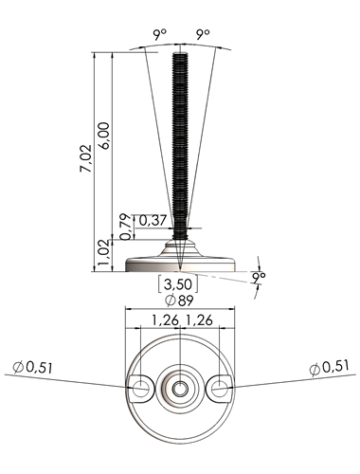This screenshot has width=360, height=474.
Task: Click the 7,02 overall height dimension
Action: click(85, 158)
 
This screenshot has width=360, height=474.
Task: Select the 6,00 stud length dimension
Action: click(104, 136)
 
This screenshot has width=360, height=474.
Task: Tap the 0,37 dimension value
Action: click(153, 220)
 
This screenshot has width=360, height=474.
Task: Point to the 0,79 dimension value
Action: click(126, 227)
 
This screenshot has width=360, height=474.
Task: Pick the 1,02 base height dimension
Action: click(104, 255)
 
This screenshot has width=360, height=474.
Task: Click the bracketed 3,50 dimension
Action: click(178, 284)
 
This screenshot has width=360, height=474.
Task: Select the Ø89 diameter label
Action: click(179, 301)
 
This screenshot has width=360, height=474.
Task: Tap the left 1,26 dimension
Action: click(166, 320)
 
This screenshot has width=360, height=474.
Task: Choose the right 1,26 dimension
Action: click(199, 320)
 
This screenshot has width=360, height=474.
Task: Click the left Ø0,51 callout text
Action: click(32, 368)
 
